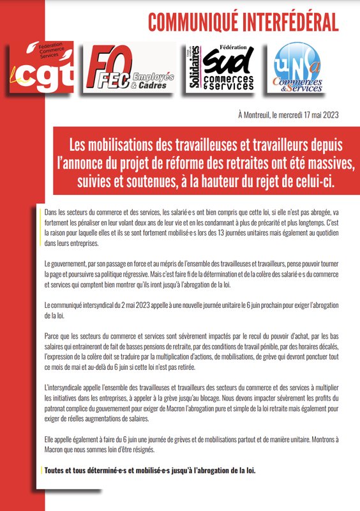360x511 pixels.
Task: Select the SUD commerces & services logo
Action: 221,66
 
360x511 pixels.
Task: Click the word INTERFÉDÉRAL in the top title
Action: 299,23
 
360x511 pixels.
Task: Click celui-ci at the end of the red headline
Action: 317,181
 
